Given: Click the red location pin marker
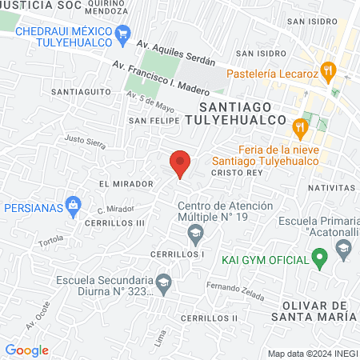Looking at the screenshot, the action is (x=180, y=163).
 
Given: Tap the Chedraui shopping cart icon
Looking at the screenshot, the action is (x=122, y=33).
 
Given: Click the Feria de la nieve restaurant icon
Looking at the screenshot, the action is (x=300, y=126).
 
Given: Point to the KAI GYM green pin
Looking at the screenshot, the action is (x=320, y=259).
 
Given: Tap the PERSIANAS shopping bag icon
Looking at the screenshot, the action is (x=74, y=206).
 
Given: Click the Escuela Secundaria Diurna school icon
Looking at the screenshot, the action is (x=163, y=282).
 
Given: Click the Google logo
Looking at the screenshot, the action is (x=26, y=350).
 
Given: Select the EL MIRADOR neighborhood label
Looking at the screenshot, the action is (x=126, y=184).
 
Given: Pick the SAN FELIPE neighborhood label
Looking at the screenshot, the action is (x=151, y=121).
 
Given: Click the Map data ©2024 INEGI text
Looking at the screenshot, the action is (x=310, y=353).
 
